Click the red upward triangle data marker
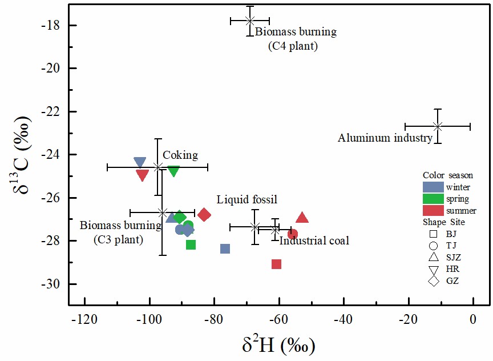coord(302,218)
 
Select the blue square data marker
coord(225,248)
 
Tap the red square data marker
coord(276,264)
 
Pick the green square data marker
coord(191,244)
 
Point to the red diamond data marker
coord(204,215)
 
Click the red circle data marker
coord(293,234)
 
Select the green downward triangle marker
coord(173,171)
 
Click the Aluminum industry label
coord(385,138)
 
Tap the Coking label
coord(180,155)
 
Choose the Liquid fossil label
coord(246,199)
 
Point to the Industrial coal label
coord(314,241)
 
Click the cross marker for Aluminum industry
coord(438,126)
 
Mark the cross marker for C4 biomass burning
coord(250,21)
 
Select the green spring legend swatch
coord(433,199)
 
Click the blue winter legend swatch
coord(433,187)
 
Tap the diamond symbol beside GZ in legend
coord(433,280)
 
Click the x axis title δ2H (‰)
coord(279,345)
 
